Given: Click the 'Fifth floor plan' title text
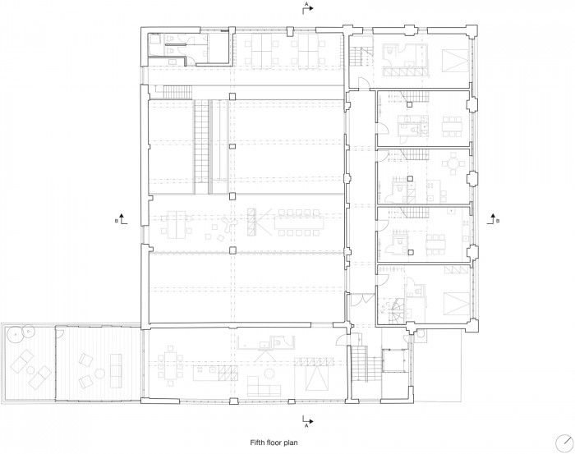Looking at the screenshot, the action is [x=274, y=443].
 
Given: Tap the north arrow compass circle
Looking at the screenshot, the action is [x=564, y=443].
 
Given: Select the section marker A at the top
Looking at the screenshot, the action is [x=307, y=7].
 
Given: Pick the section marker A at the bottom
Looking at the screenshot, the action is [x=307, y=420].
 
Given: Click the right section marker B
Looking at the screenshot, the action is [x=493, y=218].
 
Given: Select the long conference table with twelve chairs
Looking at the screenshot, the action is [x=299, y=222].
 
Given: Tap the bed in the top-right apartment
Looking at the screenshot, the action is [x=455, y=62].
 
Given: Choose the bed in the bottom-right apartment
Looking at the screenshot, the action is [x=457, y=304].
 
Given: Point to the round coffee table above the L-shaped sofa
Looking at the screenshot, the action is [x=270, y=373].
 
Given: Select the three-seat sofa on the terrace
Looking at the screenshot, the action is [x=116, y=370].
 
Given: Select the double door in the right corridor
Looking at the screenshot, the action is [x=361, y=300].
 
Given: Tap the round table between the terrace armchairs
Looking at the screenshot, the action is [x=99, y=374].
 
